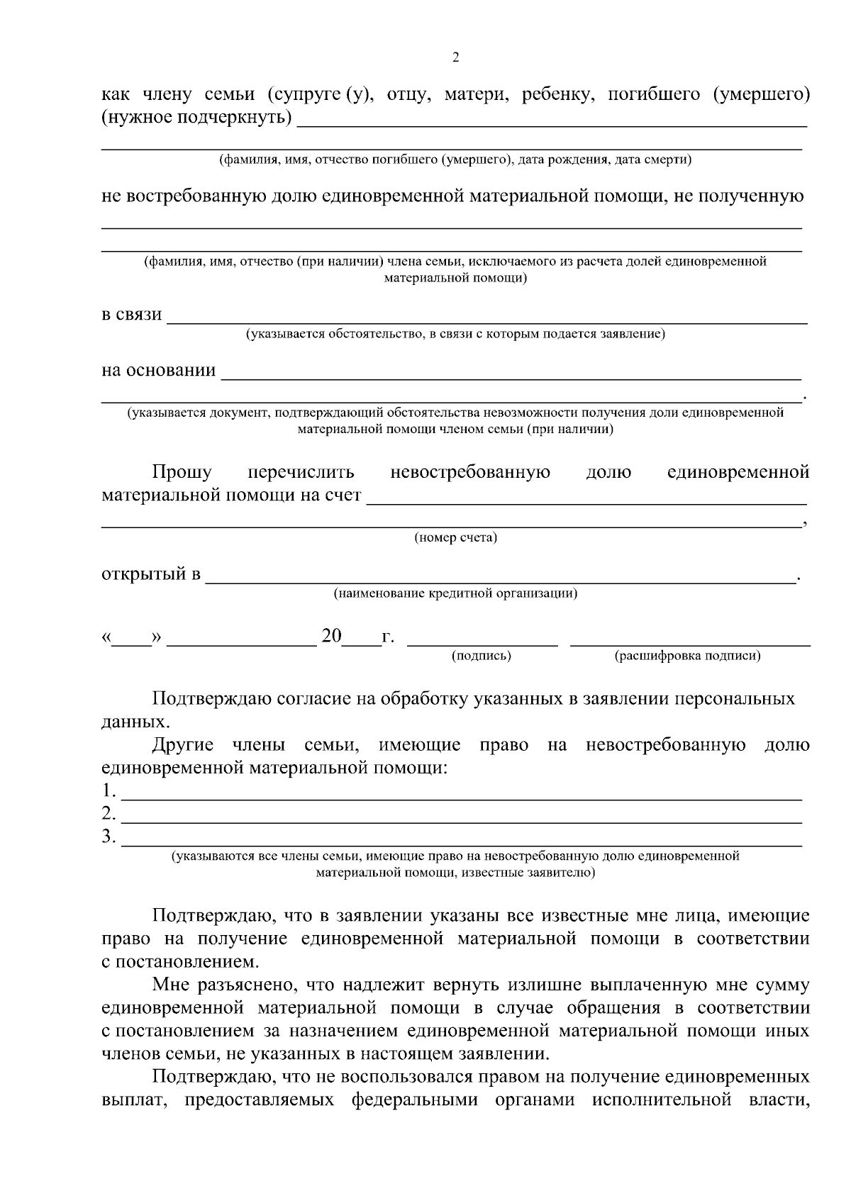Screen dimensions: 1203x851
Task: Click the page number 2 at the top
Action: tap(455, 58)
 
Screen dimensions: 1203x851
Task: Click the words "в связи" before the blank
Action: tap(132, 314)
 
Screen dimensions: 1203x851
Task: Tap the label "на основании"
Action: tap(159, 370)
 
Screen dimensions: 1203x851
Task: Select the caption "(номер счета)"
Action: tap(455, 537)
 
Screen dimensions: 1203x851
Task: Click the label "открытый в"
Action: tap(151, 573)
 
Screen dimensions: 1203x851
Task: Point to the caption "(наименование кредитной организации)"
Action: tap(455, 593)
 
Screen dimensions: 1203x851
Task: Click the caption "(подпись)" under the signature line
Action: tap(482, 656)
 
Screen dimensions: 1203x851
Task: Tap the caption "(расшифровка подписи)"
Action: tap(687, 656)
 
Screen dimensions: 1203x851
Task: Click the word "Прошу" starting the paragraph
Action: tap(182, 472)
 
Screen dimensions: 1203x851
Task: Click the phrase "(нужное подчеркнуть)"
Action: tap(196, 117)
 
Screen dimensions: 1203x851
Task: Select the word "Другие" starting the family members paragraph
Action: tap(183, 745)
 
